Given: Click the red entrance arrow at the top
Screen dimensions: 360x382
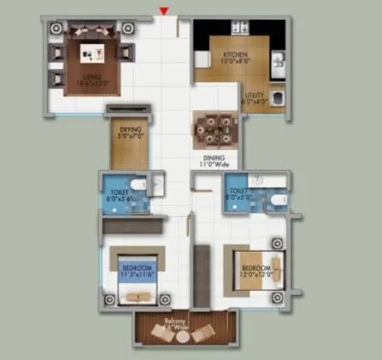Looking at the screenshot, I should tap(165, 11).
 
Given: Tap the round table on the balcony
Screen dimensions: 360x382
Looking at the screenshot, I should tap(179, 335).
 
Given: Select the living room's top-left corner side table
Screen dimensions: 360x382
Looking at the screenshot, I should tap(56, 27).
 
